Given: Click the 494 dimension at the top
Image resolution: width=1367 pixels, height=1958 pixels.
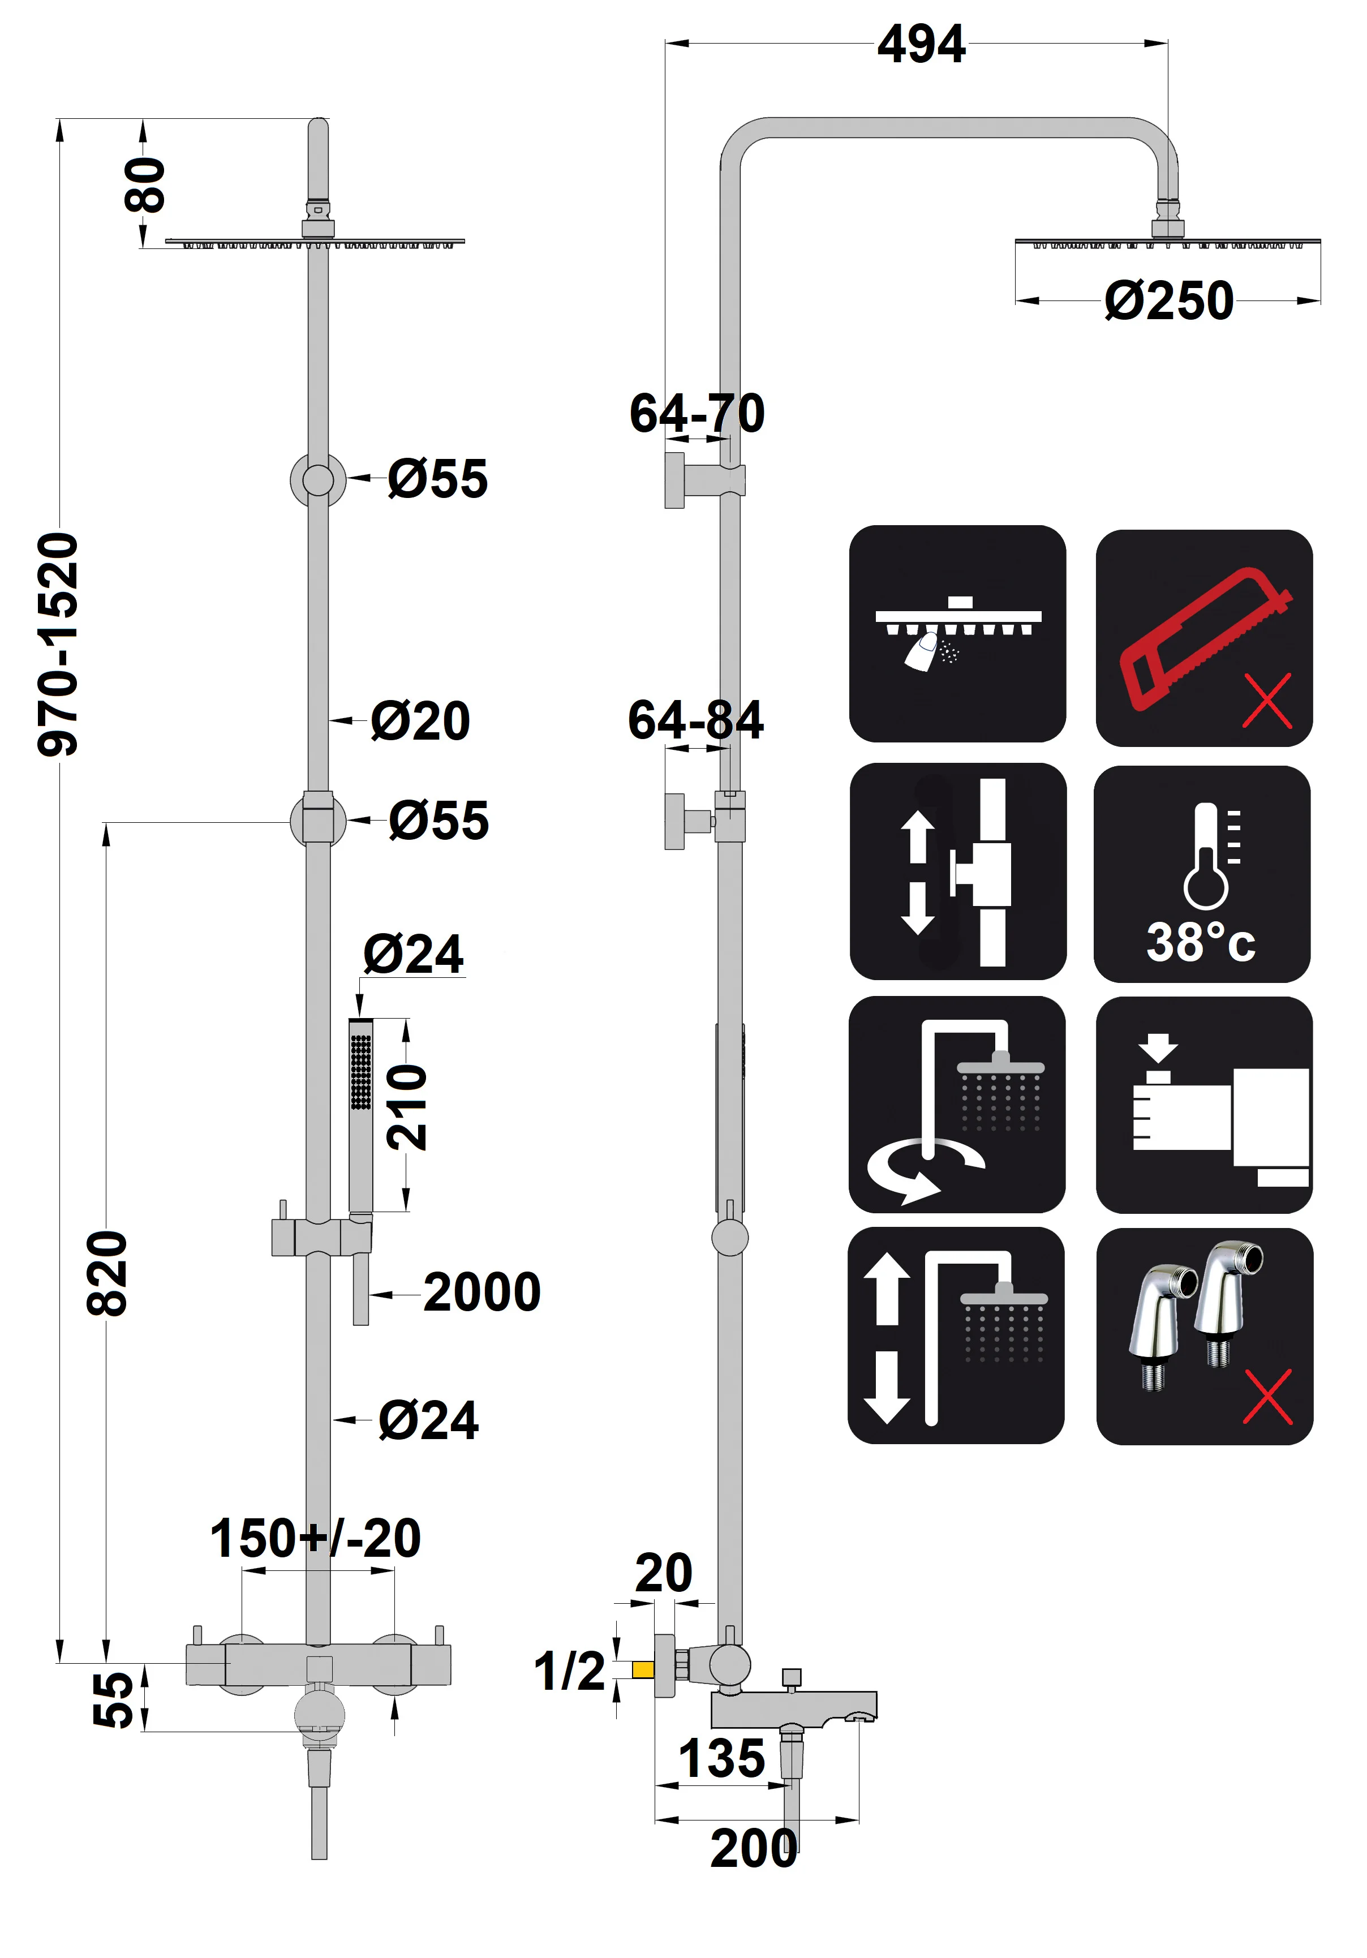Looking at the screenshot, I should pos(921,44).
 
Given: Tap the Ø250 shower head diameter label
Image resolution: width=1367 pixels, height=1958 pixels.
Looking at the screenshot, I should pos(1168,301).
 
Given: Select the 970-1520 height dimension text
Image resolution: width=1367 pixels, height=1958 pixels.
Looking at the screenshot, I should pos(58,644).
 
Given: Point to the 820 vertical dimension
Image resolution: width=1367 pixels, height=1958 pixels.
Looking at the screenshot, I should pos(108,1273).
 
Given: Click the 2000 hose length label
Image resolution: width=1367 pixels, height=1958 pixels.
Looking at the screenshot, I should pos(482,1292).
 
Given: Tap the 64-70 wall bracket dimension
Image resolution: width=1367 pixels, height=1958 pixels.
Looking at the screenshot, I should pos(697,414).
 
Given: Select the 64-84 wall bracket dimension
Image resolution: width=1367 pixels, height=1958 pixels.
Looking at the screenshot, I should pos(696,720).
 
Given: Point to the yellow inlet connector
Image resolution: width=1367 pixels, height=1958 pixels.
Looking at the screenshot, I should pos(643,1669).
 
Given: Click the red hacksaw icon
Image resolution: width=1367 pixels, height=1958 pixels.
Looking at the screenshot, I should pos(1203,638).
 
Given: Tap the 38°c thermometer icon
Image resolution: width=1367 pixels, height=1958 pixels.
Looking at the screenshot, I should pos(1202,874).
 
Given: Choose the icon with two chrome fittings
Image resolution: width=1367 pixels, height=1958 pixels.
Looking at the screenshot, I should pos(1203,1336).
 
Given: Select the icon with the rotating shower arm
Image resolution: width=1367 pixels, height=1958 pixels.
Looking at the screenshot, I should pos(957,1105).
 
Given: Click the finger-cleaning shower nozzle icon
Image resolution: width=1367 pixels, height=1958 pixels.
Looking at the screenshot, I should pos(957,634).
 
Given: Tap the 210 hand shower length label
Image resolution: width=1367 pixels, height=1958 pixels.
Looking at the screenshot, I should pos(407,1106).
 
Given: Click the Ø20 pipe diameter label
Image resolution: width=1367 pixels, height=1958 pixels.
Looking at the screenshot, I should pos(420,720).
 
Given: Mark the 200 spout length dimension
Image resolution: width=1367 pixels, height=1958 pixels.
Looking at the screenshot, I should pos(754,1848).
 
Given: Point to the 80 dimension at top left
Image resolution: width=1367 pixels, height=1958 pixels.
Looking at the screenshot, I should pos(145,184).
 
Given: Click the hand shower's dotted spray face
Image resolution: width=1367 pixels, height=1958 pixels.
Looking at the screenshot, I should pos(361,1072).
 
